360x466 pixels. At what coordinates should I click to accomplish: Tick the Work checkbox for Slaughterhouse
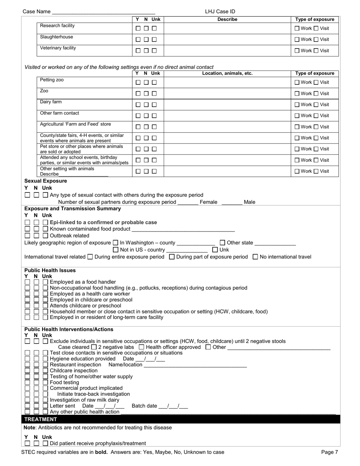click(297, 39)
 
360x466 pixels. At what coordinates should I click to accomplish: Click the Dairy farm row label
click(51, 102)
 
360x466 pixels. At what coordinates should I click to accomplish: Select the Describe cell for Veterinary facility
click(227, 50)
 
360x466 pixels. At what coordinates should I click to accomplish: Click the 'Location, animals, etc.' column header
click(227, 73)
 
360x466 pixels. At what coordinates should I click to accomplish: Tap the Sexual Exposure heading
click(45, 181)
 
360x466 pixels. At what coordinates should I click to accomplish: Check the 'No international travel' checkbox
click(255, 257)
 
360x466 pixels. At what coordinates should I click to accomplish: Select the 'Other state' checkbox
click(222, 243)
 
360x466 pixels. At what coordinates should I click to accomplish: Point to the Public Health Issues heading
click(50, 271)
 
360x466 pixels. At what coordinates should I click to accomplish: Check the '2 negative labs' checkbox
click(94, 347)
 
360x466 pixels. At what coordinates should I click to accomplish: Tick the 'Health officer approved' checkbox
click(141, 347)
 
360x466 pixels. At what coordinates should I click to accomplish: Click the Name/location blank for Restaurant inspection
click(195, 365)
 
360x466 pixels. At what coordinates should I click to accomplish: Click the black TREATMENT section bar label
click(41, 419)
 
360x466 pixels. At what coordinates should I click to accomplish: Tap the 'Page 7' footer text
click(329, 452)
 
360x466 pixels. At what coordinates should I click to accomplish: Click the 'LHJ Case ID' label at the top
click(220, 12)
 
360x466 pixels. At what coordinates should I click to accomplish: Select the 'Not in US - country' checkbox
click(116, 250)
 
